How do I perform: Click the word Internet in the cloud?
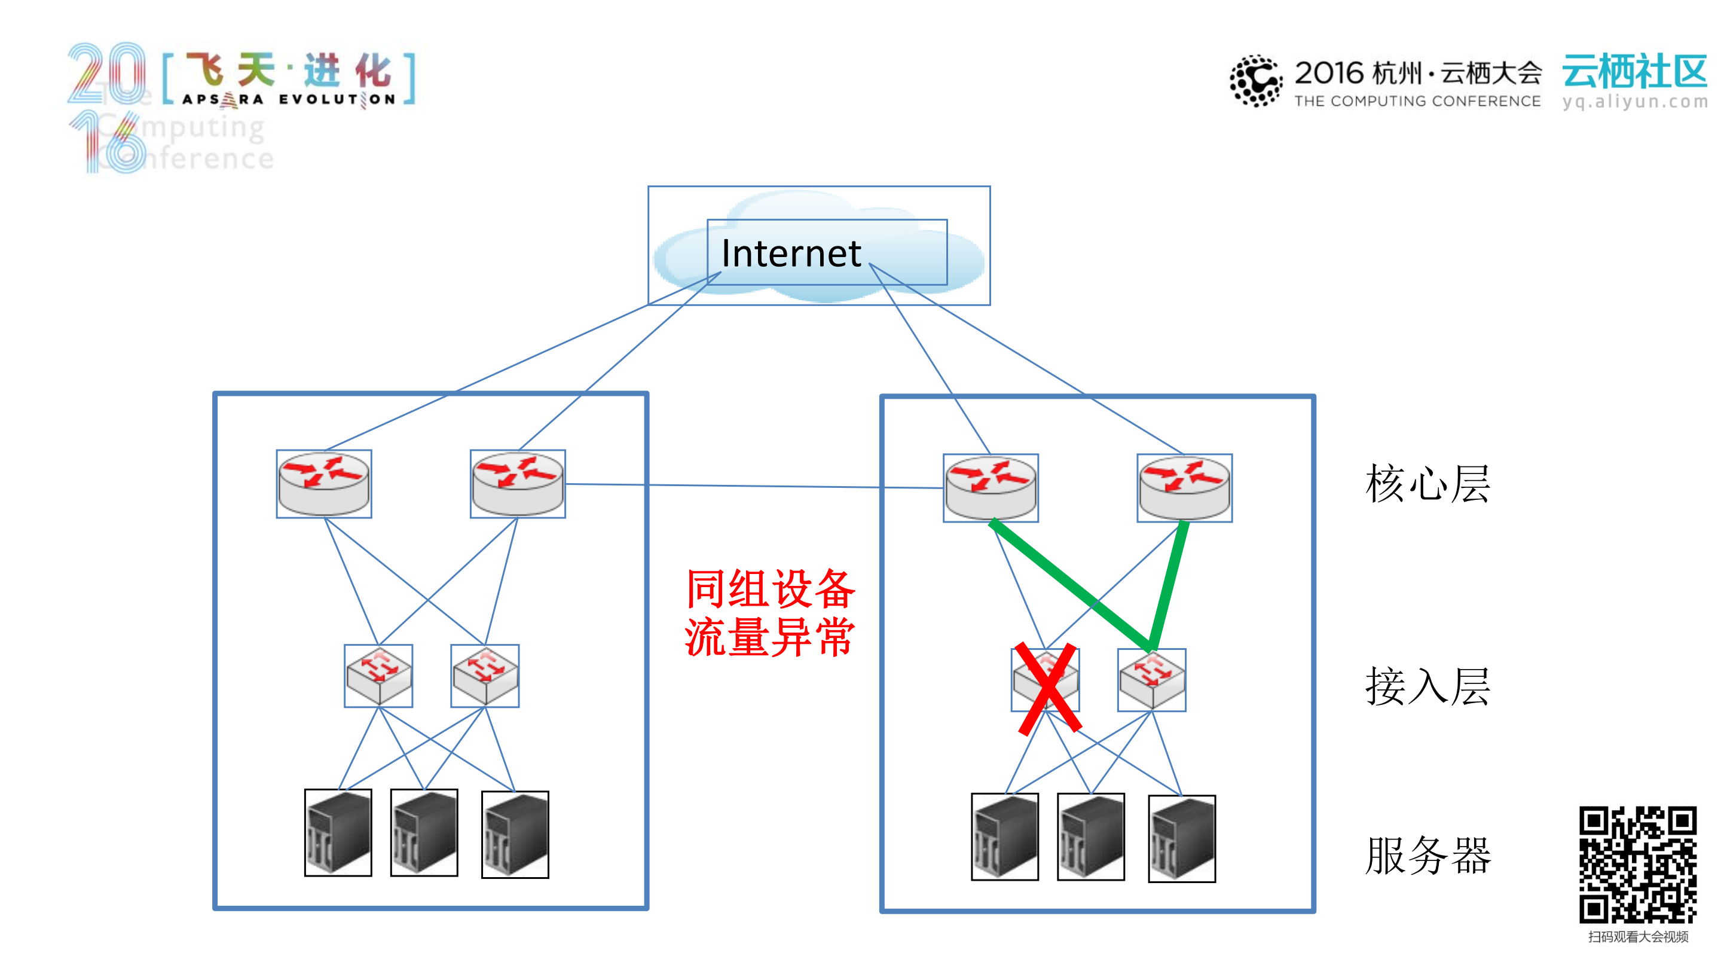pyautogui.click(x=791, y=254)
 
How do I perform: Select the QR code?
pyautogui.click(x=1637, y=865)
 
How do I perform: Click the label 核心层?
pyautogui.click(x=1427, y=484)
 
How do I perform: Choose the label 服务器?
pyautogui.click(x=1427, y=856)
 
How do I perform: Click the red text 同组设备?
pyautogui.click(x=771, y=589)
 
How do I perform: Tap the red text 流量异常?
pyautogui.click(x=770, y=638)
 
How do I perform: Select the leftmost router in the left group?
pyautogui.click(x=324, y=484)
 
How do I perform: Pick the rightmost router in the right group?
pyautogui.click(x=1185, y=488)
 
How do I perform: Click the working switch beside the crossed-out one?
pyautogui.click(x=1152, y=680)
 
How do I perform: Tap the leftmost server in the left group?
pyautogui.click(x=338, y=832)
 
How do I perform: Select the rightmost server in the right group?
pyautogui.click(x=1182, y=838)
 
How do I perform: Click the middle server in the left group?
pyautogui.click(x=424, y=832)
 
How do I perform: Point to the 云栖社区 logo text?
pyautogui.click(x=1635, y=72)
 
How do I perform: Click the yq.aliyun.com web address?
pyautogui.click(x=1635, y=102)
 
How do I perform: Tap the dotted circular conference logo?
pyautogui.click(x=1255, y=81)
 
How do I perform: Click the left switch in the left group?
pyautogui.click(x=378, y=676)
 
